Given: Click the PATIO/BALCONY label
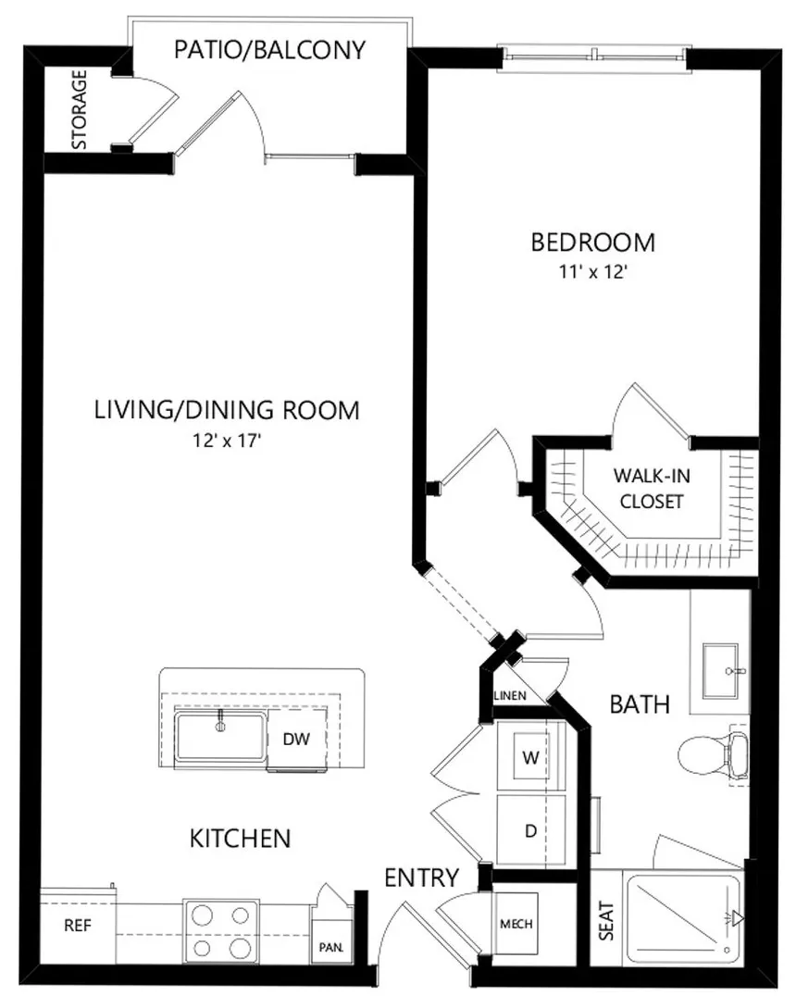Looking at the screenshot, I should coord(270,50).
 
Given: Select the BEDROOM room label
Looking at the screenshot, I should coord(592,243).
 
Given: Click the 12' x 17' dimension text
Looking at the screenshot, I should coord(226,441).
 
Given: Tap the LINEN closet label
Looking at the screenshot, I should coord(511,695).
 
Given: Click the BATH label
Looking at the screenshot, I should coord(640,704).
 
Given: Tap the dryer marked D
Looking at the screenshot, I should coord(530,830).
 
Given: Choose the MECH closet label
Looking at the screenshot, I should coord(516,924).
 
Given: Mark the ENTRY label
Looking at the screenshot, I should coord(422,877).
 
